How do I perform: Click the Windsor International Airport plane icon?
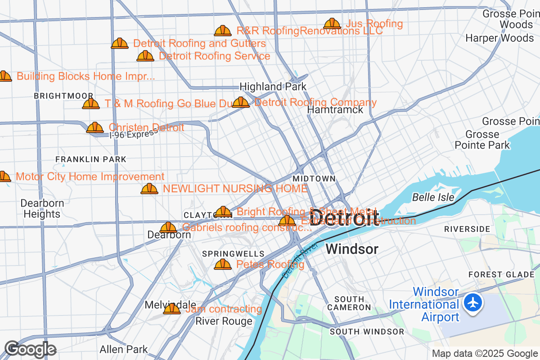[x=473, y=302]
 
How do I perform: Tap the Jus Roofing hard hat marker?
[x=332, y=23]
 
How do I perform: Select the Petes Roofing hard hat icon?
[x=223, y=264]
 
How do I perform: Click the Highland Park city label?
[x=273, y=86]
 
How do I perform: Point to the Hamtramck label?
[x=335, y=109]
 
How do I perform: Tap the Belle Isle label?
[x=433, y=197]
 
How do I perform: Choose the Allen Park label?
[x=124, y=349]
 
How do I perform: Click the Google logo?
[x=30, y=349]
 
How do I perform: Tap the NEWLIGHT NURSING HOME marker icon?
[x=149, y=189]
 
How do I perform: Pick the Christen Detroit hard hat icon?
[x=95, y=127]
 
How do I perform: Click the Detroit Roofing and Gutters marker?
[x=120, y=43]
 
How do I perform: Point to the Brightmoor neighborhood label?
[x=63, y=96]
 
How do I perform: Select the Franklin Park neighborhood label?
[x=91, y=159]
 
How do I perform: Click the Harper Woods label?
[x=499, y=38]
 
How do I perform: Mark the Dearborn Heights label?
[x=42, y=208]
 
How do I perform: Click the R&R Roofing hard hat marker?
[x=223, y=31]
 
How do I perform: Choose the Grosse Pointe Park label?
[x=482, y=139]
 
